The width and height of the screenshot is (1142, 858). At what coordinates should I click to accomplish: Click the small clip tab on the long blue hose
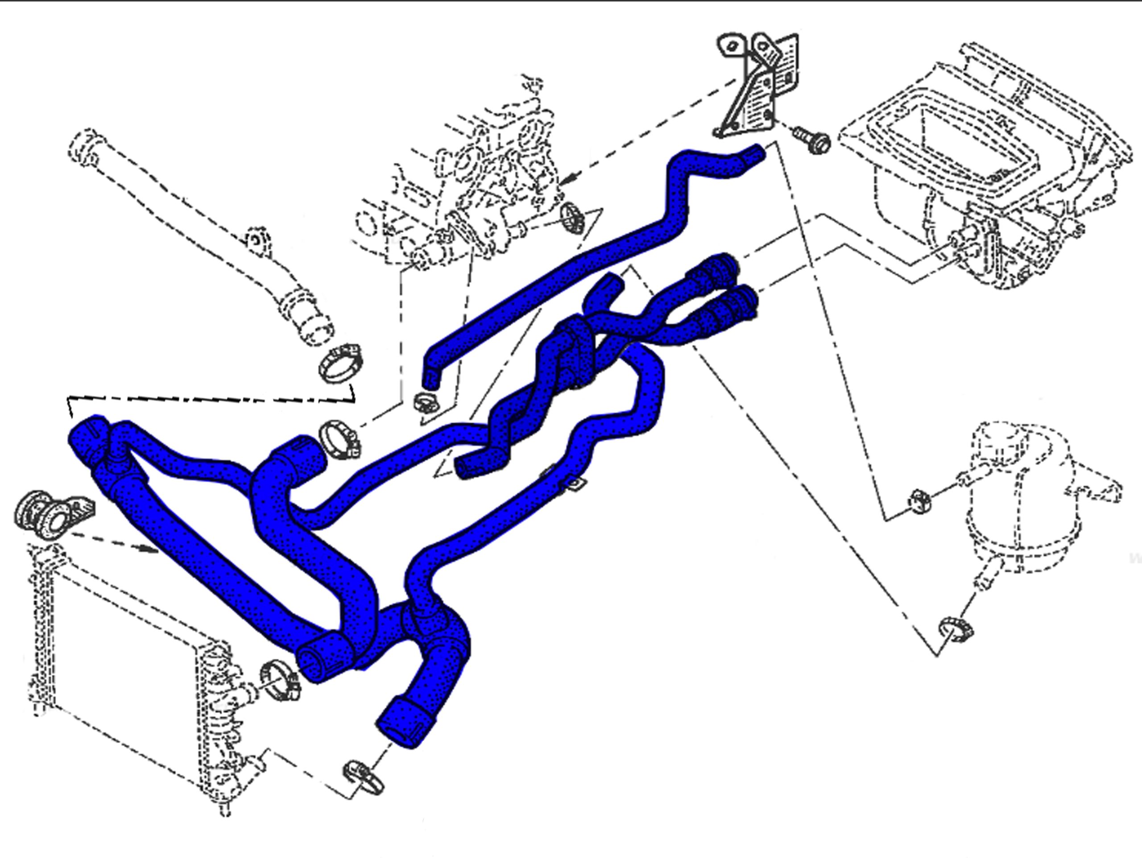[x=575, y=484]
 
